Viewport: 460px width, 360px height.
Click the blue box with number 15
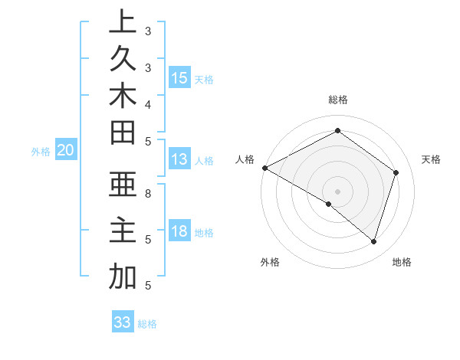(x=179, y=78)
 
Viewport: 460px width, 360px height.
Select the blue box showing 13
(x=179, y=159)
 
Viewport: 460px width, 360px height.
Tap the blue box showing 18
(x=179, y=231)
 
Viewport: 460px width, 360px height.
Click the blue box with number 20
(x=66, y=151)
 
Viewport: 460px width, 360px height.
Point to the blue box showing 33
(x=123, y=322)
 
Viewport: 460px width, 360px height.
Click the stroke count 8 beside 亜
(x=148, y=194)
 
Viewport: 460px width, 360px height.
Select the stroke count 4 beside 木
(x=148, y=103)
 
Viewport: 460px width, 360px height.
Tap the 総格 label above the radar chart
(x=338, y=100)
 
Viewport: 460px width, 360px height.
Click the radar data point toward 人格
(x=264, y=168)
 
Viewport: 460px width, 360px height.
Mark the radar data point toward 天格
(x=396, y=172)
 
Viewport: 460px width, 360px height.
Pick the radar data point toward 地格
(x=374, y=241)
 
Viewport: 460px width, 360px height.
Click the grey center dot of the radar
(x=338, y=191)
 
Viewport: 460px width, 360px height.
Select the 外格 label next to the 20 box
(x=41, y=152)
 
